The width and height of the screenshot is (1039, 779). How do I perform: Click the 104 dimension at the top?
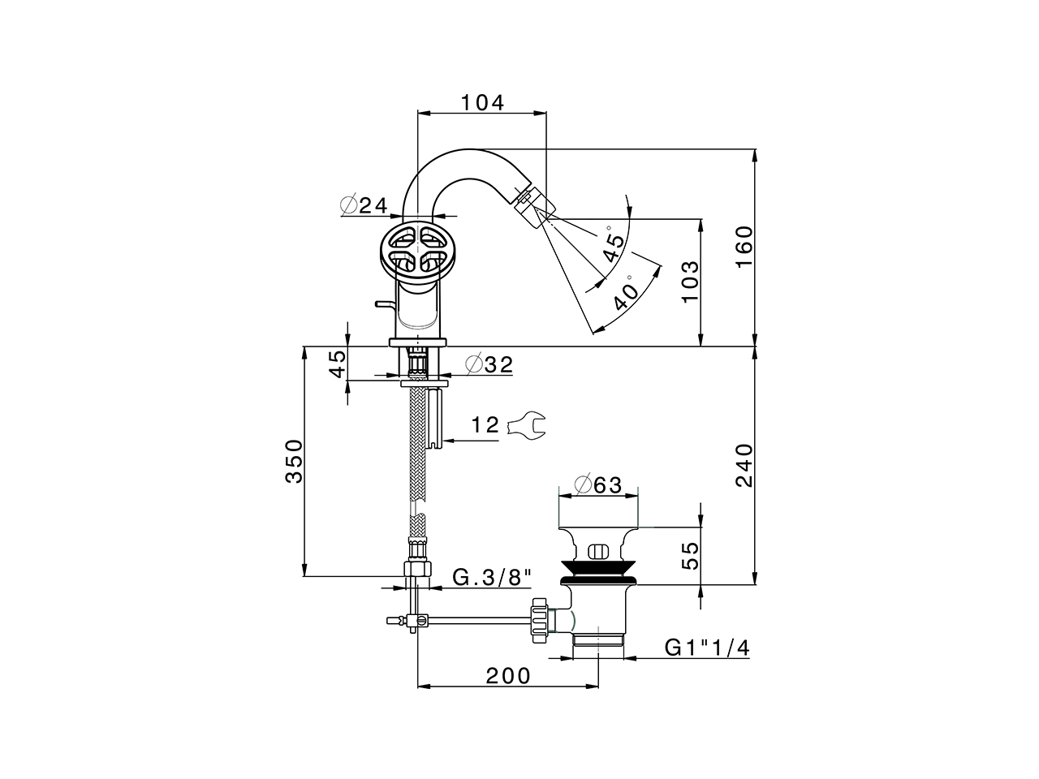tap(482, 103)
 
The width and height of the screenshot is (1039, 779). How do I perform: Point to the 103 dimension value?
tap(689, 282)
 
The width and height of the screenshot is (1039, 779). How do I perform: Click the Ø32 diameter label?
tap(489, 365)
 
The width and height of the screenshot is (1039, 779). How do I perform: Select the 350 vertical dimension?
tap(294, 461)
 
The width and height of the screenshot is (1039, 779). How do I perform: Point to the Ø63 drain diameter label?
tap(597, 484)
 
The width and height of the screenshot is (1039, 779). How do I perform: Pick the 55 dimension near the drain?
tap(689, 557)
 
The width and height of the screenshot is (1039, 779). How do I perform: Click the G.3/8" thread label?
tap(492, 578)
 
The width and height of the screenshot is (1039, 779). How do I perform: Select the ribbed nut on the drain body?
tap(539, 621)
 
